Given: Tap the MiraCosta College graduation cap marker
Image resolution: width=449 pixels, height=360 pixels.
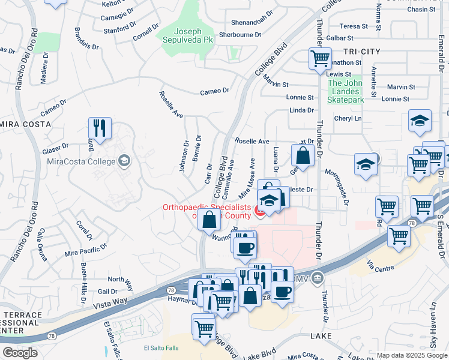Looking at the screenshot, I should pos(124,160).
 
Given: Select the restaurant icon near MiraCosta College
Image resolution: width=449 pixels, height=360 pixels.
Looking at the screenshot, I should pos(100,128).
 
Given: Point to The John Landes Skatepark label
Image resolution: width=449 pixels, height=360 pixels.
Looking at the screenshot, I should pos(346,92).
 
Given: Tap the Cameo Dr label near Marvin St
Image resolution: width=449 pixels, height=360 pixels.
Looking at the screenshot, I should pos(215,91).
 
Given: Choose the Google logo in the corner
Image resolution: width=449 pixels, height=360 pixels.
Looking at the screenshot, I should pos(20,353).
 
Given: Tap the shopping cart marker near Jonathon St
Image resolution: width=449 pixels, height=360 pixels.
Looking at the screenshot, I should pos(320,59).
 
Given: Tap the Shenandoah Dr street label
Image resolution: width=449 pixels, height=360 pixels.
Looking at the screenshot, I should pos(240,23).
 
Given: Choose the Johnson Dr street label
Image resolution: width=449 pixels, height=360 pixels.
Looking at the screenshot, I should pos(184,156).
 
